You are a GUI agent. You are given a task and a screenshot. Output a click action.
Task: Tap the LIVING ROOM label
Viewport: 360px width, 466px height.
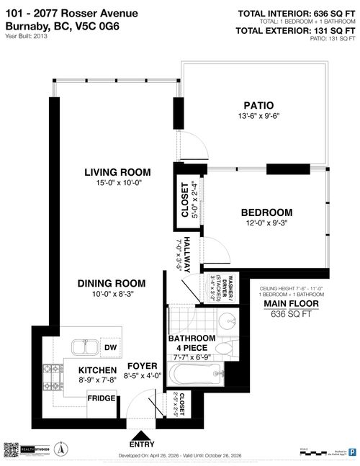coord(117,172)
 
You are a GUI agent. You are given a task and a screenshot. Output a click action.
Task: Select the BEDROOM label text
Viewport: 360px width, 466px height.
coord(266,212)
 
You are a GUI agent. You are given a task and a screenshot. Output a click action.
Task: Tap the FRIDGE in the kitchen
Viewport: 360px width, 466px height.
coord(102,398)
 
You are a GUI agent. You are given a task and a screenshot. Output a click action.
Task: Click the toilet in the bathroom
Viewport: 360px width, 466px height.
coord(225,349)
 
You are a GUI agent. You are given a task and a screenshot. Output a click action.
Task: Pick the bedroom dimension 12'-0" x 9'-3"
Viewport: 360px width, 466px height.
coord(266,224)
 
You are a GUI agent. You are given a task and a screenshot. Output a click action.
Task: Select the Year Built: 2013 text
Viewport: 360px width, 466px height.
coord(27,37)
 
